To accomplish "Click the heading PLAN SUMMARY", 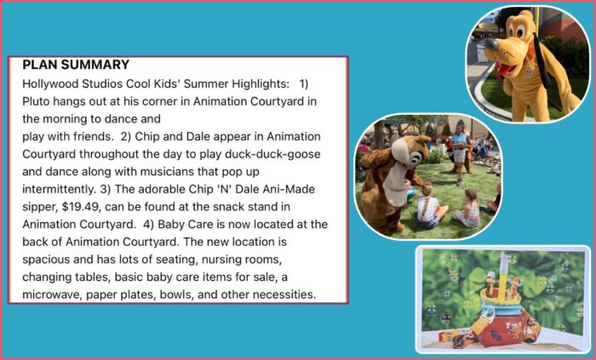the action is point(76,65).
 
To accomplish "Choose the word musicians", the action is point(167,172).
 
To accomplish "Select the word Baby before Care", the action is point(169,225).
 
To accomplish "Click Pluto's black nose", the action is point(492,44).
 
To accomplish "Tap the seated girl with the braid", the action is point(429,208).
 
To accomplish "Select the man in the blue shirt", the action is point(459,151).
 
